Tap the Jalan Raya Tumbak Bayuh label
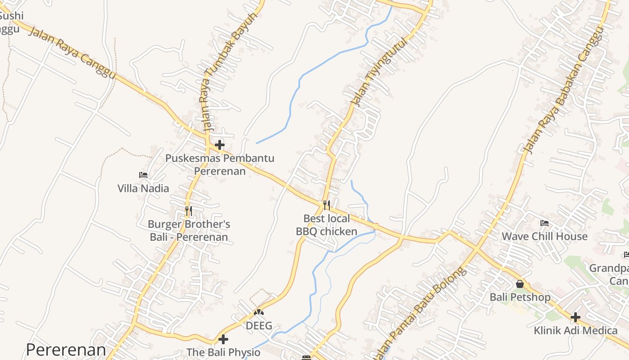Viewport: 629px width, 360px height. click(x=228, y=72)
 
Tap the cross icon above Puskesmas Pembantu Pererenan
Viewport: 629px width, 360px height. click(x=220, y=145)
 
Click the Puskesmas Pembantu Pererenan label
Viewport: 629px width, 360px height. click(x=220, y=165)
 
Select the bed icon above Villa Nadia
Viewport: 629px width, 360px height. click(x=143, y=175)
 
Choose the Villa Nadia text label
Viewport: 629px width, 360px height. click(x=143, y=188)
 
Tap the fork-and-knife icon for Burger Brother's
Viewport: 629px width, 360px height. click(x=189, y=210)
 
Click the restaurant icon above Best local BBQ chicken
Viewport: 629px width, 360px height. click(x=327, y=205)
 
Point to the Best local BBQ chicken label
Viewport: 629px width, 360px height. click(x=327, y=225)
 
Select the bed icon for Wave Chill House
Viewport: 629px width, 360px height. click(x=545, y=223)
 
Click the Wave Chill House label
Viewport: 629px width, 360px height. click(x=545, y=236)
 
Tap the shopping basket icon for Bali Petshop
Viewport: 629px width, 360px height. click(x=520, y=284)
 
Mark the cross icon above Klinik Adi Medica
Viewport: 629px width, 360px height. click(x=576, y=317)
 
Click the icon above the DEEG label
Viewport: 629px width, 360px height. click(x=259, y=312)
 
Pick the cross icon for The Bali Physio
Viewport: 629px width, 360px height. click(x=223, y=339)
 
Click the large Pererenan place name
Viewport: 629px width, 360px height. click(x=66, y=350)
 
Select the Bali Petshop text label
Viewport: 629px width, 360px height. click(x=520, y=297)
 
